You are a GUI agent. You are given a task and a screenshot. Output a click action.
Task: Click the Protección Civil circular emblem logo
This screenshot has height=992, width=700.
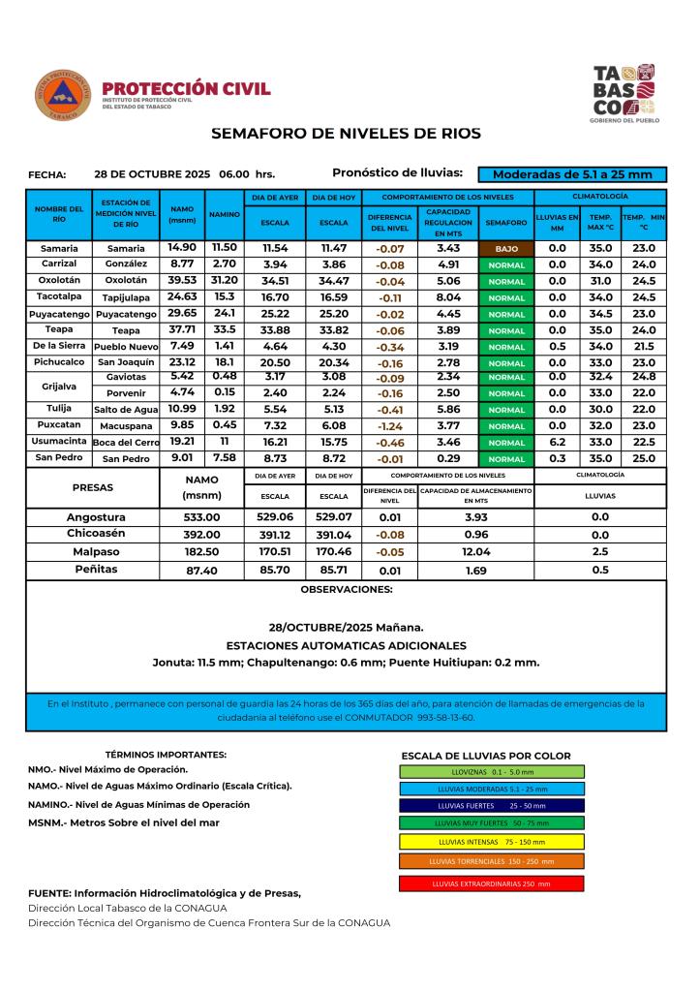point(63,95)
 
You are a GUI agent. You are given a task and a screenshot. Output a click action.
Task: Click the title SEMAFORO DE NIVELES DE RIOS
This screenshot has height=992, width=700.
point(346,134)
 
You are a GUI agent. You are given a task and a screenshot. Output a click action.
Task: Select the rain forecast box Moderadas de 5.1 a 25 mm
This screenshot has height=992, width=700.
point(572,175)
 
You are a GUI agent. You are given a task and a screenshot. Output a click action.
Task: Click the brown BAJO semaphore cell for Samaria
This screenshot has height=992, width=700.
point(507,248)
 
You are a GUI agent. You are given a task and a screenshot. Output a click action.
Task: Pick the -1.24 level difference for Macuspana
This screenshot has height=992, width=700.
point(390,425)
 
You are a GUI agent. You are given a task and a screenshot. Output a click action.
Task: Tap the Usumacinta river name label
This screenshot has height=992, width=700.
point(57,441)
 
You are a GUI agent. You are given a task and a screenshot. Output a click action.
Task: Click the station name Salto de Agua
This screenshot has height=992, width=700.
point(125,410)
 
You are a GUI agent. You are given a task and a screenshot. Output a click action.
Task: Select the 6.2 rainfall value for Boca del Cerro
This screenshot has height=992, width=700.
point(557,442)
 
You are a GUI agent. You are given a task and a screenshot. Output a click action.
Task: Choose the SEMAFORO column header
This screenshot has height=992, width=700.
point(507,222)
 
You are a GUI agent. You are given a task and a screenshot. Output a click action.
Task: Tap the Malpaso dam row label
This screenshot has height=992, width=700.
point(96,552)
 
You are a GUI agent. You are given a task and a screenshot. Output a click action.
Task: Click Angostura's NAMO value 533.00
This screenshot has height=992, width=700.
point(202,517)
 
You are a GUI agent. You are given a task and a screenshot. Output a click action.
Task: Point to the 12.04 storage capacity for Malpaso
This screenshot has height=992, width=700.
point(475,552)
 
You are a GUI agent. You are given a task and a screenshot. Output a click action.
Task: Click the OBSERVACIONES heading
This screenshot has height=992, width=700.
point(346,589)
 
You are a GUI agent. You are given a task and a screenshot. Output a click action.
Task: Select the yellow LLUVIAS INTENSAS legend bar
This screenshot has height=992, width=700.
point(491,841)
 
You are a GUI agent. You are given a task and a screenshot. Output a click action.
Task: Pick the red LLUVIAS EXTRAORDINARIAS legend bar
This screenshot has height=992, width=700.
point(491,883)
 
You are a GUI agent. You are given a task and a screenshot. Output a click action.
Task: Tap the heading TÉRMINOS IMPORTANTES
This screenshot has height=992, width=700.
point(166,754)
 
